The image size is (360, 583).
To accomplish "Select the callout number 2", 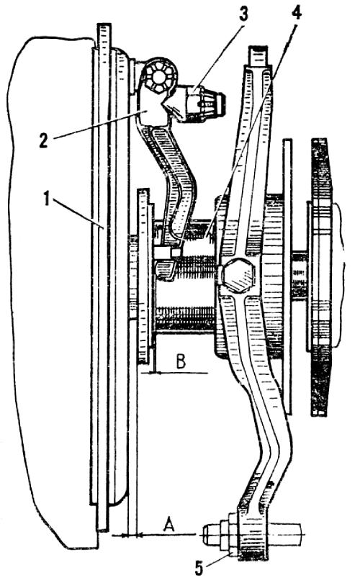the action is coord(43,141).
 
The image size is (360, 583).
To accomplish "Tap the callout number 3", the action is coord(243,14).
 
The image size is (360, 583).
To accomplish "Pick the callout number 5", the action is coord(199,568).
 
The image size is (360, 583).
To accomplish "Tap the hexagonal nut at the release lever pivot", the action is coord(158,77).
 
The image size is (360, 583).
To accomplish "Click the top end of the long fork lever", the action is coord(259,55).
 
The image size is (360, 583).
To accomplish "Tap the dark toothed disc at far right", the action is coord(320,277).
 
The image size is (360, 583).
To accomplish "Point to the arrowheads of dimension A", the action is coord(127,535).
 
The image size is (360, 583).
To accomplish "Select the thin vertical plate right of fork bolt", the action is coord(287,276).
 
